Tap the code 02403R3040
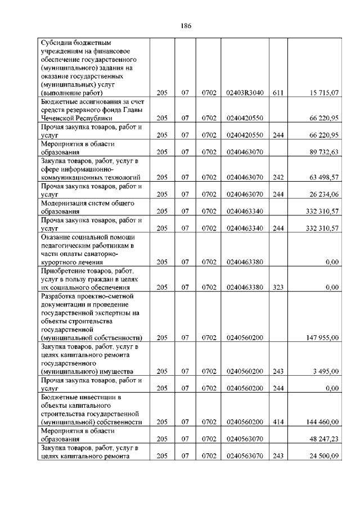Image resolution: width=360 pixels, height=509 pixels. (244, 93)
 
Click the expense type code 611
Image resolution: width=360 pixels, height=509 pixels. (277, 93)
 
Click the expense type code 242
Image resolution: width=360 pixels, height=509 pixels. (277, 177)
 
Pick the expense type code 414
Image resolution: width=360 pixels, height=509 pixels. (277, 422)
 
